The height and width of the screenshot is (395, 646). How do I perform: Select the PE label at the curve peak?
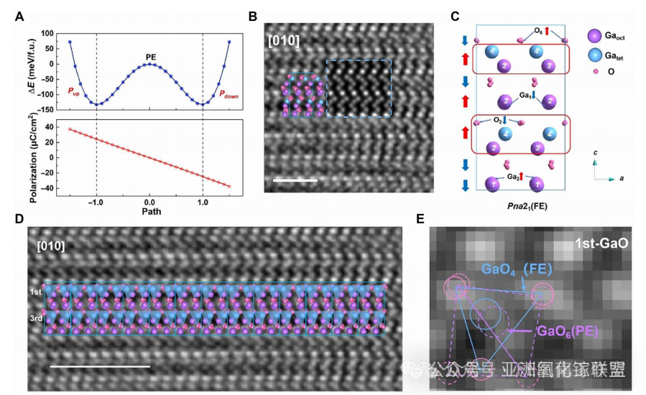pyautogui.click(x=149, y=56)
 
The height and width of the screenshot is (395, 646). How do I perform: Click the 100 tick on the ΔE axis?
pyautogui.click(x=47, y=33)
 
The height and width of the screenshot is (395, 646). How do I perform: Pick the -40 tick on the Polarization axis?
pyautogui.click(x=46, y=189)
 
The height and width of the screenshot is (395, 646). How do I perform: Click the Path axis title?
pyautogui.click(x=149, y=213)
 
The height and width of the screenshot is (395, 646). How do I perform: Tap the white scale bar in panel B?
pyautogui.click(x=295, y=180)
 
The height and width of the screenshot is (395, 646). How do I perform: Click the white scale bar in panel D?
pyautogui.click(x=100, y=366)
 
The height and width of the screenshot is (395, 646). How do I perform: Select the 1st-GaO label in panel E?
pyautogui.click(x=601, y=243)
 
